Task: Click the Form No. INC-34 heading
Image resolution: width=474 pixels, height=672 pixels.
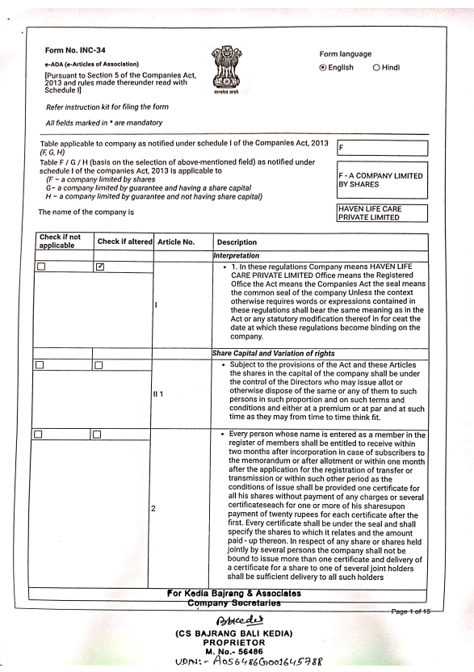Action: [x=71, y=50]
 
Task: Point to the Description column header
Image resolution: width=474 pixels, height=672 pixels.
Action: [x=235, y=241]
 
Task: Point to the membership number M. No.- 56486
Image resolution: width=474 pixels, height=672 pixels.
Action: [x=237, y=647]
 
